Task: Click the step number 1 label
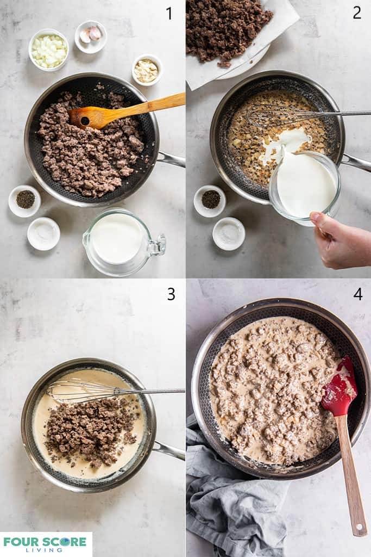pos(169,13)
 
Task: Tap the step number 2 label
pos(356,13)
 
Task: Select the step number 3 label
pos(171,294)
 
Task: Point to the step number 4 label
pos(357,294)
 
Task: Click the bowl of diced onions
pos(48,50)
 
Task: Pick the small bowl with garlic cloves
pos(91,35)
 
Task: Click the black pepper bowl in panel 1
pos(24,200)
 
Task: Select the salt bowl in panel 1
pos(43,233)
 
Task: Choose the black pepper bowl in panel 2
pos(210,200)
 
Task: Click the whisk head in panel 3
pos(81,390)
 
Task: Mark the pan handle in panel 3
pos(168,450)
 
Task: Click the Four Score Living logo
pos(45,543)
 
